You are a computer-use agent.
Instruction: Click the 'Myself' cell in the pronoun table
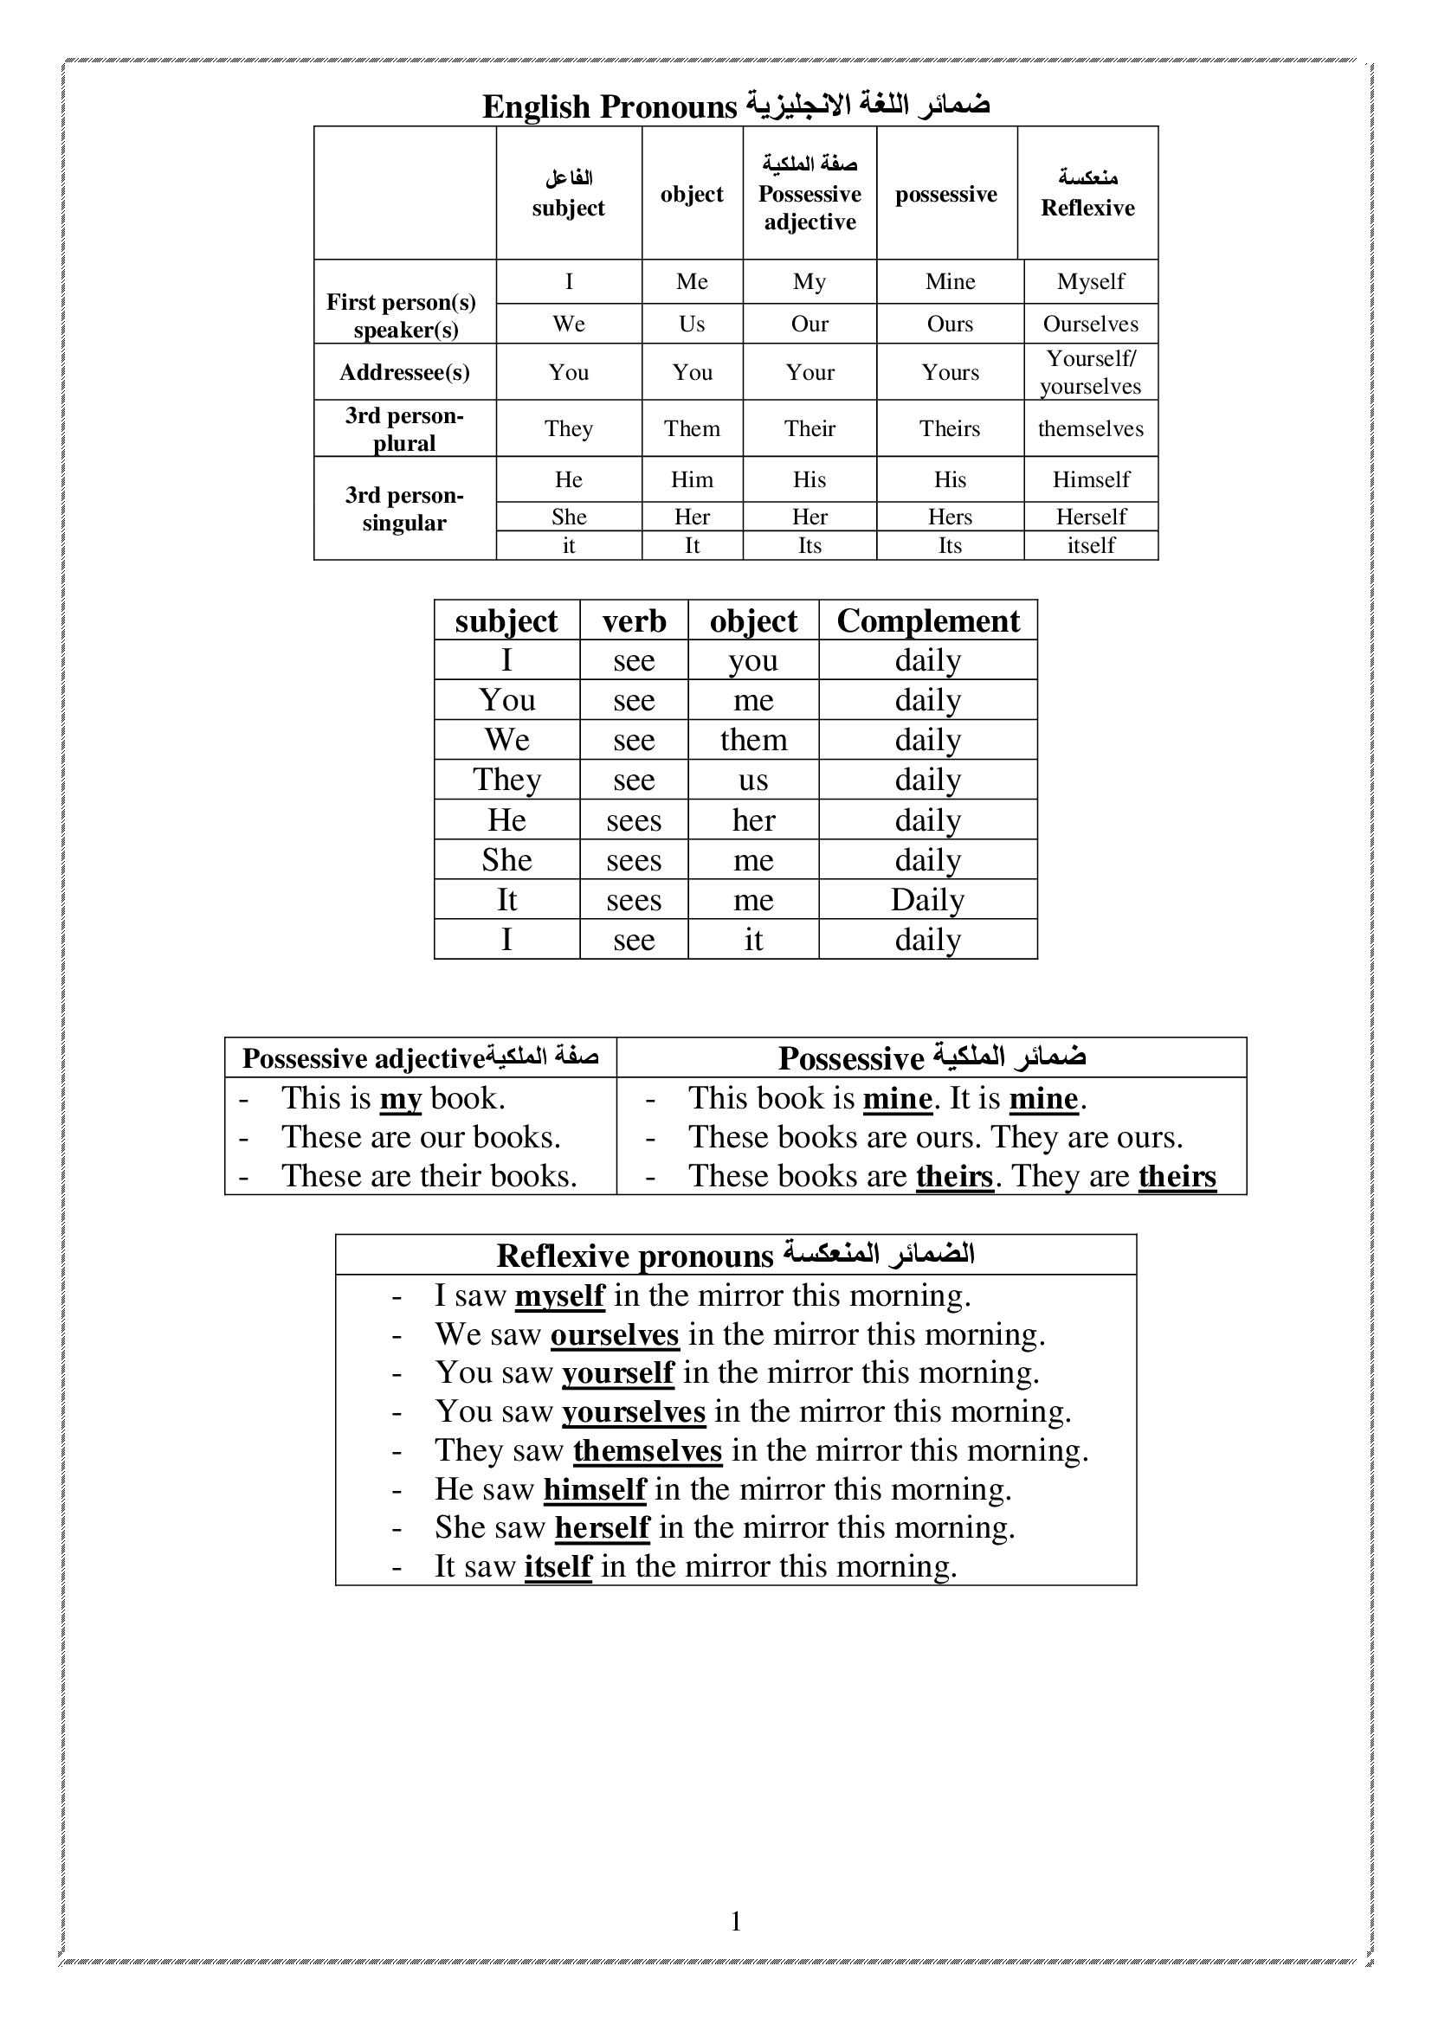coord(1091,281)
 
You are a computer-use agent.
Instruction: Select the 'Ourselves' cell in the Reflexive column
coord(1091,324)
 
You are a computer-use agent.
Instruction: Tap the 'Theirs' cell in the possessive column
coord(950,428)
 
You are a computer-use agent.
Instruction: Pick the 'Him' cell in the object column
coord(693,479)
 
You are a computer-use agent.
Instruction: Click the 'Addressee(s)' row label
coord(404,372)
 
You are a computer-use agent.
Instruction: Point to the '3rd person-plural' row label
coord(404,428)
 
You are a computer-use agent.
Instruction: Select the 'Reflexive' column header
coord(1087,208)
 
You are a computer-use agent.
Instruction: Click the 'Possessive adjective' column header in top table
coord(810,207)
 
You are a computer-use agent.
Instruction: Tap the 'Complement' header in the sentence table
coord(927,620)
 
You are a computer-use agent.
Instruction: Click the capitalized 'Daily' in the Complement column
coord(927,900)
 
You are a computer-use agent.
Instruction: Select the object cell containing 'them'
coord(753,740)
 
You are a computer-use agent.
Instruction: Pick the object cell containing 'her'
coord(753,820)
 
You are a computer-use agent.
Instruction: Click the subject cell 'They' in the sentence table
coord(507,781)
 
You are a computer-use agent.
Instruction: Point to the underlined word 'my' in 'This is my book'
coord(400,1099)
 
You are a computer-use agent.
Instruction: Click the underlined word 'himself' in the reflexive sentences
coord(594,1490)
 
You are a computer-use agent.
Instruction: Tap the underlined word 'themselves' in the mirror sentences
coord(648,1451)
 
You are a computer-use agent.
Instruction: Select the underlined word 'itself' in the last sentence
coord(558,1566)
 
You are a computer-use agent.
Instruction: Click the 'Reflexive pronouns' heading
coord(635,1256)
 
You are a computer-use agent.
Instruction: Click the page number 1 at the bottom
coord(736,1921)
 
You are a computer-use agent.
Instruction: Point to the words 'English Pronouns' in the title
coord(610,106)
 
